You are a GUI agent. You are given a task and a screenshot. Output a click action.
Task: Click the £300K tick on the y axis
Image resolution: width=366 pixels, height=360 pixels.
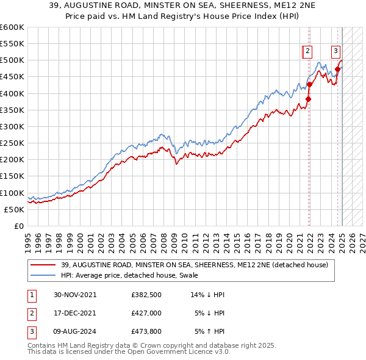tap(12, 126)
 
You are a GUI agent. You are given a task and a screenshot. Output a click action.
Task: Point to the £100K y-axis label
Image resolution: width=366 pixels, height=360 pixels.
tap(12, 193)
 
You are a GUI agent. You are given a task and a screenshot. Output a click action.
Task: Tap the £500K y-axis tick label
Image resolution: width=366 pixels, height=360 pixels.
tap(12, 60)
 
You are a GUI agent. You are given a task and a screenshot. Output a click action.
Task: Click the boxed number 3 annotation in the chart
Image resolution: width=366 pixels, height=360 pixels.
tap(336, 51)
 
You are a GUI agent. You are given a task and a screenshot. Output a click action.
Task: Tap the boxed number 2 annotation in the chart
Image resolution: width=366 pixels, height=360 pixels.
tap(308, 51)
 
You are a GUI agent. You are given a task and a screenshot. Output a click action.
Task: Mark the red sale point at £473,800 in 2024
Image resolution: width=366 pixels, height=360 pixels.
tap(337, 69)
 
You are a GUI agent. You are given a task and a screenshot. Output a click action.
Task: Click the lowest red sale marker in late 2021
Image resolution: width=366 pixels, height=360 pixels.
tap(309, 99)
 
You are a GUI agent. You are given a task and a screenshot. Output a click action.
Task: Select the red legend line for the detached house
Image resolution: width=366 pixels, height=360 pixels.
tap(44, 265)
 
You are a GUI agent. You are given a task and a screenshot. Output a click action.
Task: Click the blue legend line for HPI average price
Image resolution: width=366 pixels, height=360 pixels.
tap(44, 275)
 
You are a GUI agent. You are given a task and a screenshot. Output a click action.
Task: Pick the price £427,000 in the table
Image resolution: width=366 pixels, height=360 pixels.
tap(146, 313)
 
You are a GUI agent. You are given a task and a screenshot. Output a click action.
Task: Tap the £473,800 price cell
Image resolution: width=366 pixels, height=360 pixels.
tap(146, 332)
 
